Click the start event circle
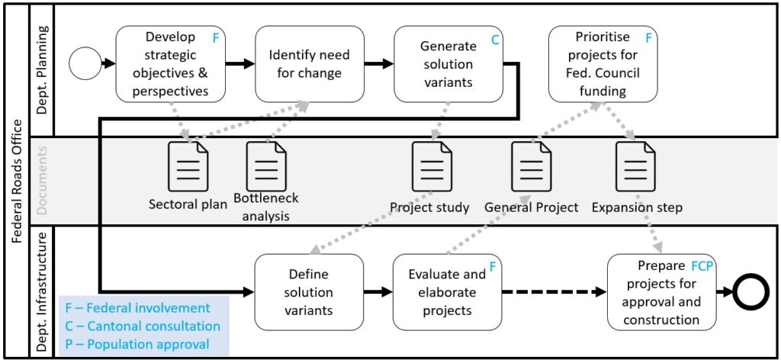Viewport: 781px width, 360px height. (x=85, y=65)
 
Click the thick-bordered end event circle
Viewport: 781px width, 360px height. (x=751, y=292)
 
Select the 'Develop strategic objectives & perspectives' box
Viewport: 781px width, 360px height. (x=172, y=64)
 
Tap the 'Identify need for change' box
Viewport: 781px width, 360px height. (x=309, y=64)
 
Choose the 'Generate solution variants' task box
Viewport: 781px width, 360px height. (x=448, y=64)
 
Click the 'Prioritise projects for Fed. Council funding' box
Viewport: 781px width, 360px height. (x=603, y=64)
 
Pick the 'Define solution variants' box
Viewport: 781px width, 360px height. (x=309, y=292)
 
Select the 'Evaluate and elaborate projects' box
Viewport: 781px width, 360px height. (x=447, y=292)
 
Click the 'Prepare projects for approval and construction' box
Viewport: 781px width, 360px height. (x=661, y=292)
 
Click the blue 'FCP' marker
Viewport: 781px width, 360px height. (x=702, y=268)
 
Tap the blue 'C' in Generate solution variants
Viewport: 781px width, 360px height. (x=494, y=40)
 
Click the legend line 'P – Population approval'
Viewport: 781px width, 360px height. (x=137, y=344)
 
